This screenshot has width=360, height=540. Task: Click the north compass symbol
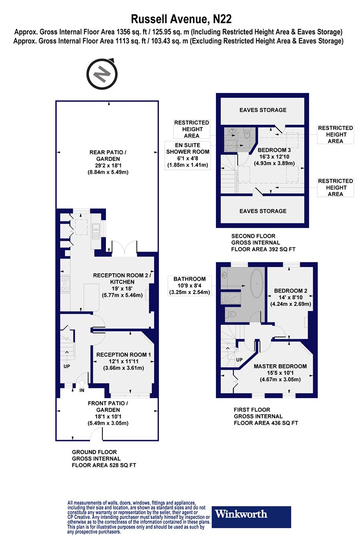(x=102, y=74)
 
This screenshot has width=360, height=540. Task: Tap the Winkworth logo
(x=251, y=516)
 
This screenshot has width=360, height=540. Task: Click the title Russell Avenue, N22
(x=181, y=19)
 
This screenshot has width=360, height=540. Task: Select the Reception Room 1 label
(x=123, y=361)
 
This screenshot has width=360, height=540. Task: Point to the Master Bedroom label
(x=280, y=373)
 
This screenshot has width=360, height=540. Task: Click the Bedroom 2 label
(x=291, y=297)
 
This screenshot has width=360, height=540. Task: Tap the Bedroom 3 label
(x=274, y=156)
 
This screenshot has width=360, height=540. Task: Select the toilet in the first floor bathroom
(x=230, y=313)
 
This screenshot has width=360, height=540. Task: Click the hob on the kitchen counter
(x=65, y=284)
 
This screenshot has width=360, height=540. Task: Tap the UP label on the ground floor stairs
(x=67, y=366)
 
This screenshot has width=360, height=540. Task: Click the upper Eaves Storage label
(x=263, y=110)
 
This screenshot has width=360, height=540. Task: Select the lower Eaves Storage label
(x=263, y=211)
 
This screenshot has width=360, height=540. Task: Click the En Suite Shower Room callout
(x=188, y=155)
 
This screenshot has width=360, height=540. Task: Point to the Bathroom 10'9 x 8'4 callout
(x=189, y=285)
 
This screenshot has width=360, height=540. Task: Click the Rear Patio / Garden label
(x=108, y=162)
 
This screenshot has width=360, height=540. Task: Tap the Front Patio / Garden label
(x=108, y=413)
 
